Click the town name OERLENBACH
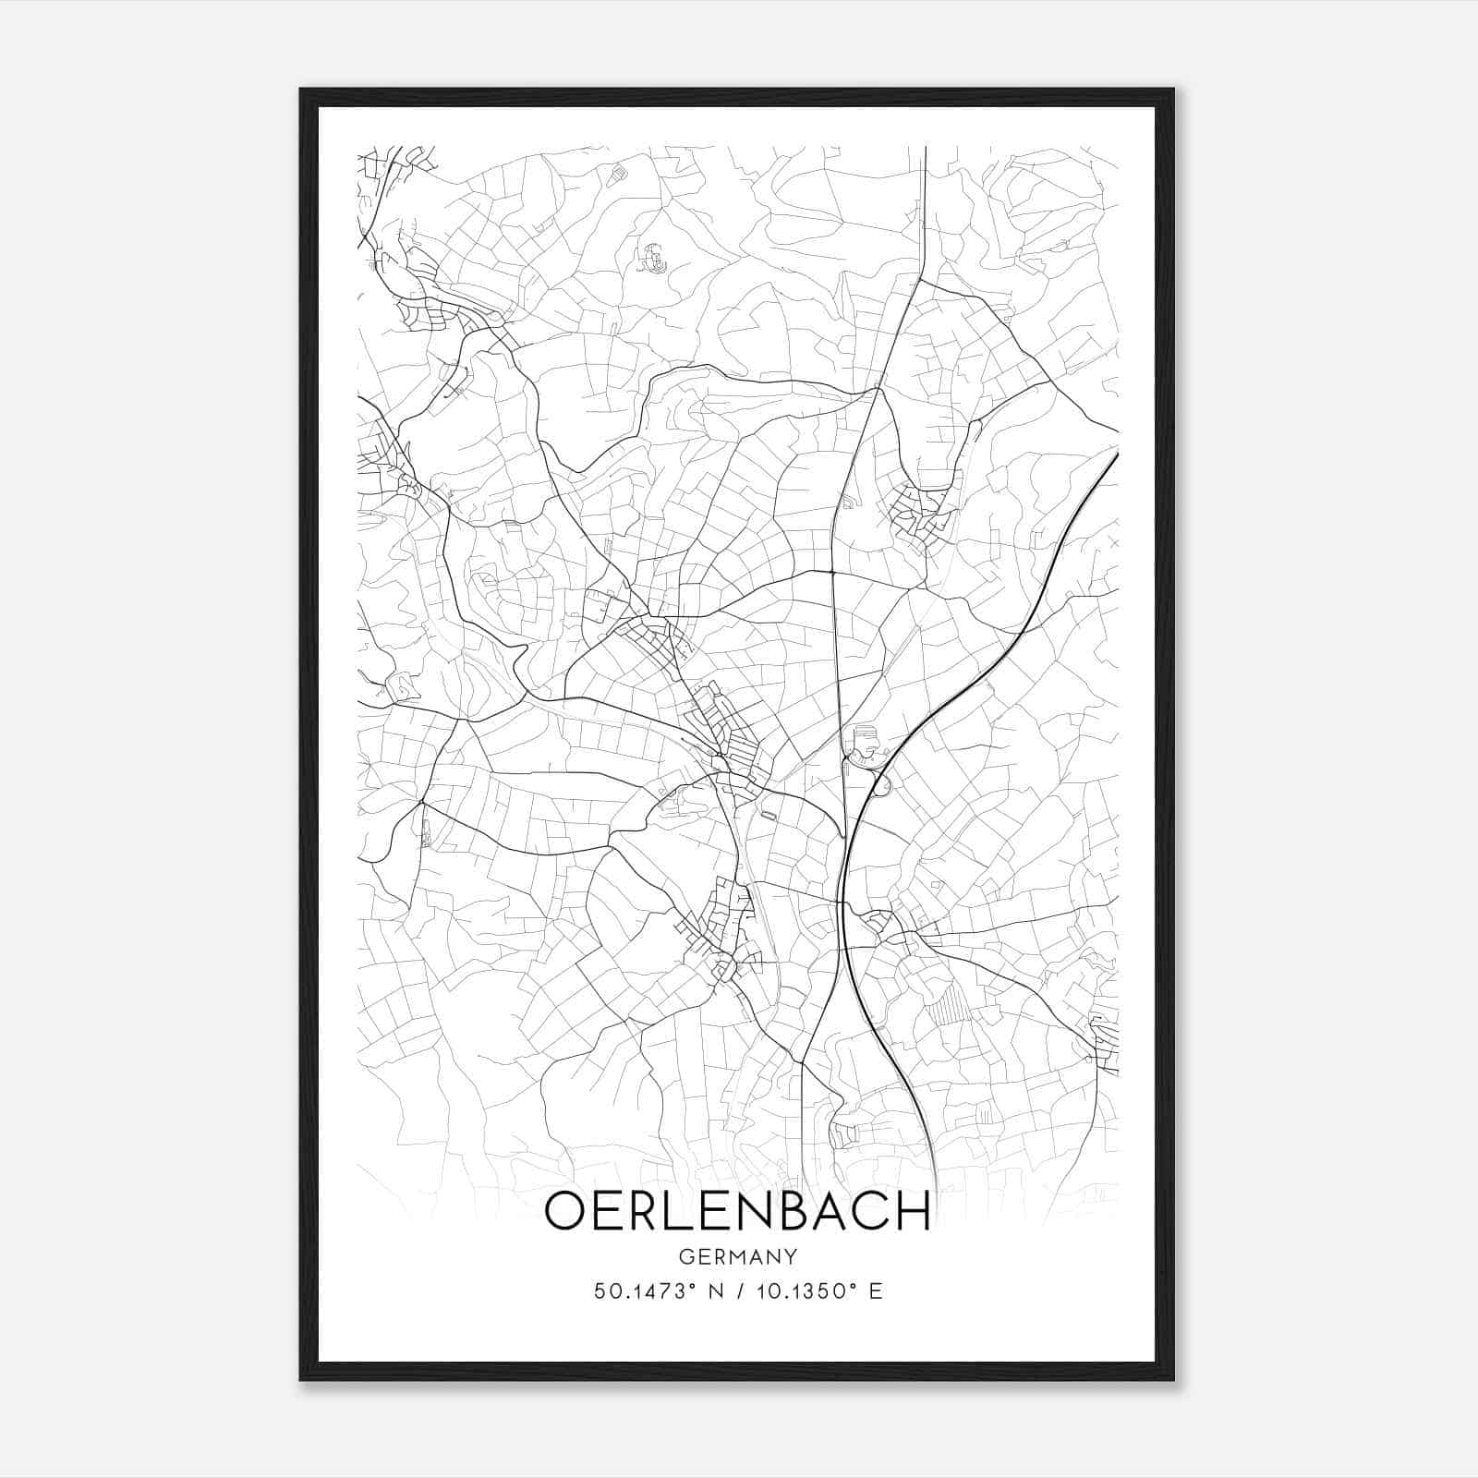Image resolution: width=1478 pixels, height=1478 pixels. coord(737,1211)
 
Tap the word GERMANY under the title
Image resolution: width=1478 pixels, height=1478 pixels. coord(737,1257)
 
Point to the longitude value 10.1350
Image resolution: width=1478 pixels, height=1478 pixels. coord(801,1291)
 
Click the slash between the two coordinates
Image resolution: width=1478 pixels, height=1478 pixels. coord(735,1291)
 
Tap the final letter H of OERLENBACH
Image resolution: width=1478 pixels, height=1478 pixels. coord(914,1212)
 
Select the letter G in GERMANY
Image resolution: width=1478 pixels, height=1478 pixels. coord(685,1257)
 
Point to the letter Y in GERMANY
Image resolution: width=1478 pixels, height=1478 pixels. coord(790,1257)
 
